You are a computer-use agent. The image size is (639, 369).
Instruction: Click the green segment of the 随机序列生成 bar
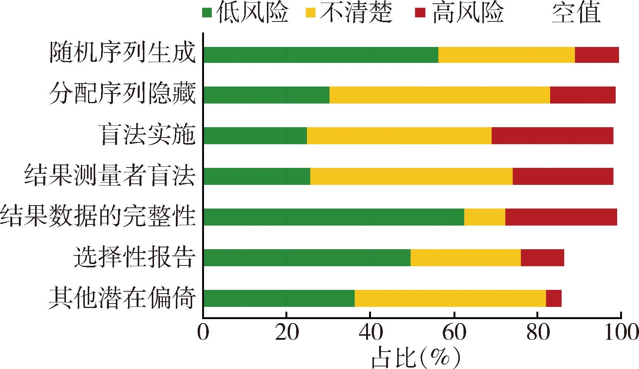pos(321,55)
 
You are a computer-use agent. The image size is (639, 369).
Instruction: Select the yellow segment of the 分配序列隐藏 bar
pos(439,95)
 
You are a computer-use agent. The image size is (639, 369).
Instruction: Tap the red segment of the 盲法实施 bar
pos(552,136)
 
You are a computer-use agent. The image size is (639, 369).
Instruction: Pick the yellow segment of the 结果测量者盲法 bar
pos(411,176)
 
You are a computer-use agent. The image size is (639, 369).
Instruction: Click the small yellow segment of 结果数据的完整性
pos(484,217)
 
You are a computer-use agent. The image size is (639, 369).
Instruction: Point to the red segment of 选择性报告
pos(542,257)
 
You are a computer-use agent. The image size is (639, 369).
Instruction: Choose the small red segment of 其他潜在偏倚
pos(553,298)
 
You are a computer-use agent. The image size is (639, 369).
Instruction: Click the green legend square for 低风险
pos(207,13)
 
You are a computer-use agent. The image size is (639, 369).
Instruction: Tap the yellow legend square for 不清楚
pos(310,13)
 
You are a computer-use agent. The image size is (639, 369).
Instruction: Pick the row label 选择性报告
pos(134,257)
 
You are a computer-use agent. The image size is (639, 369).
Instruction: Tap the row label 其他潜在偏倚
pos(122,298)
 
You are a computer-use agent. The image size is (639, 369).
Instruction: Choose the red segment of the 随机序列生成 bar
pos(596,55)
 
